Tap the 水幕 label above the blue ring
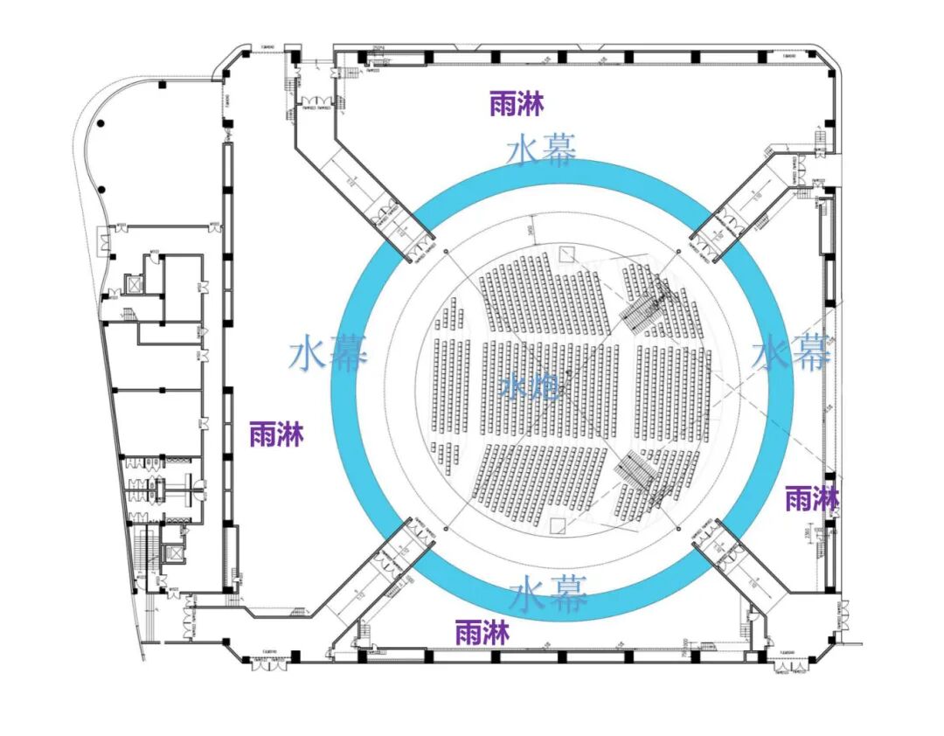tap(542, 150)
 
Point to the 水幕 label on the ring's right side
tap(792, 353)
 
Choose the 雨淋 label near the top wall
tap(517, 104)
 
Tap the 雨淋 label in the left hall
tap(276, 434)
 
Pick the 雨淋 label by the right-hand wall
tap(812, 499)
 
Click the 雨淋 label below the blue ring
tap(482, 633)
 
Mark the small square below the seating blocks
tap(559, 526)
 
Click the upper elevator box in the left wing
tap(134, 284)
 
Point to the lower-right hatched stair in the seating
tap(635, 472)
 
